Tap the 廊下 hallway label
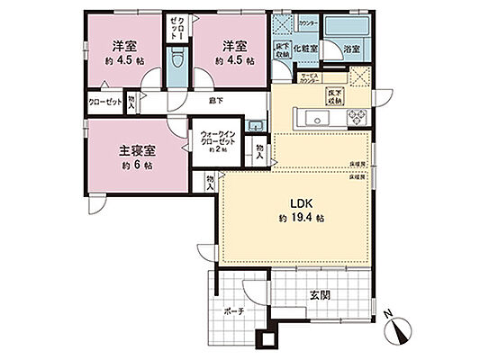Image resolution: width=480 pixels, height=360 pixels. [x=215, y=99]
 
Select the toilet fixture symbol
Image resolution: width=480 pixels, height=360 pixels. [x=177, y=64]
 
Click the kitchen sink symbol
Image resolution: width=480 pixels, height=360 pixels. [x=320, y=116]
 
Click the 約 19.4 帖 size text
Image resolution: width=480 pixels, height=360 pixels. [x=302, y=218]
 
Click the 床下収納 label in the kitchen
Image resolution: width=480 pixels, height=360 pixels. [x=334, y=94]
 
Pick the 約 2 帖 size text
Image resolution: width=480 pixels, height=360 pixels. [x=216, y=151]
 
